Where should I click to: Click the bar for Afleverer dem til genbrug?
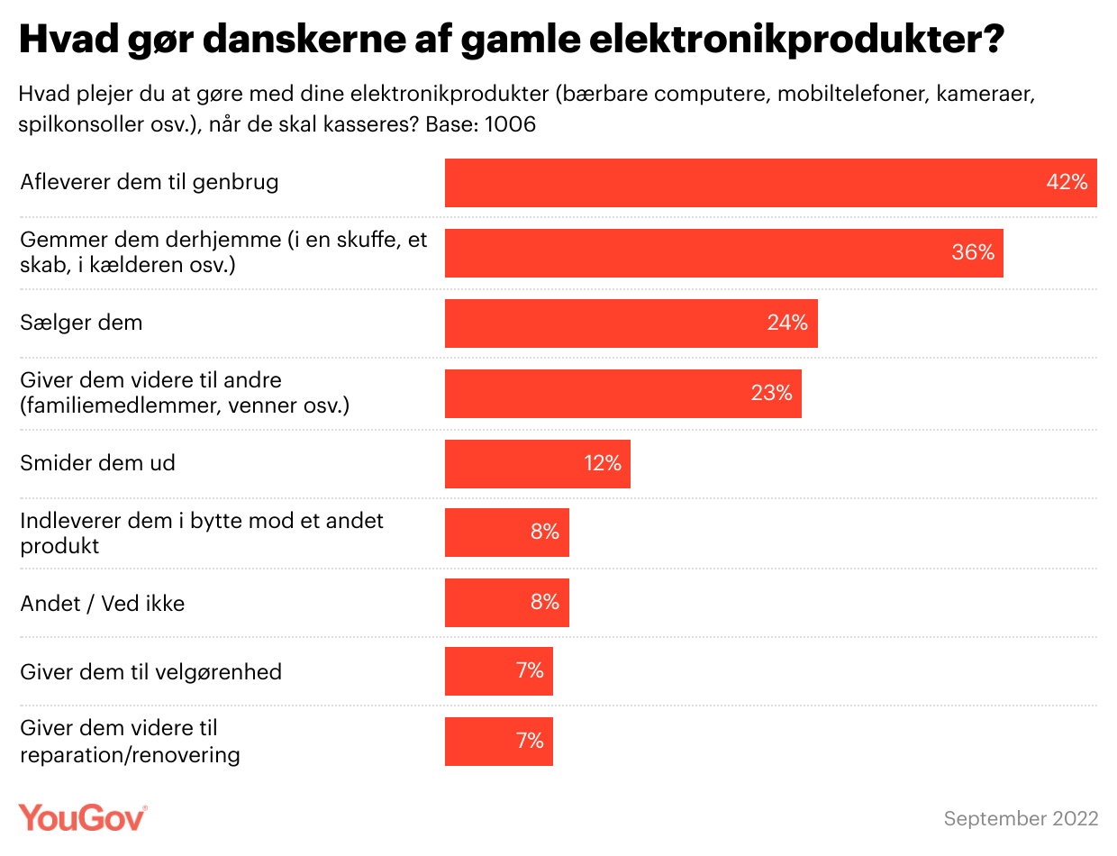pyautogui.click(x=739, y=183)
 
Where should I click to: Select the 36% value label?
pyautogui.click(x=973, y=252)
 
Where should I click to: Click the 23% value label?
pyautogui.click(x=771, y=393)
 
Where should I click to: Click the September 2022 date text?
pyautogui.click(x=1021, y=818)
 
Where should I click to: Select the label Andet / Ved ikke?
pyautogui.click(x=103, y=604)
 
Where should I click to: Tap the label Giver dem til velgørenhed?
pyautogui.click(x=151, y=672)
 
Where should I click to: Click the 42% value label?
pyautogui.click(x=1067, y=182)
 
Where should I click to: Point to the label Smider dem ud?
pyautogui.click(x=97, y=463)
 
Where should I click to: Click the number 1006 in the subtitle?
pyautogui.click(x=510, y=124)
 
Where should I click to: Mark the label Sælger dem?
pyautogui.click(x=81, y=323)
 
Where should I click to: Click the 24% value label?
pyautogui.click(x=787, y=323)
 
